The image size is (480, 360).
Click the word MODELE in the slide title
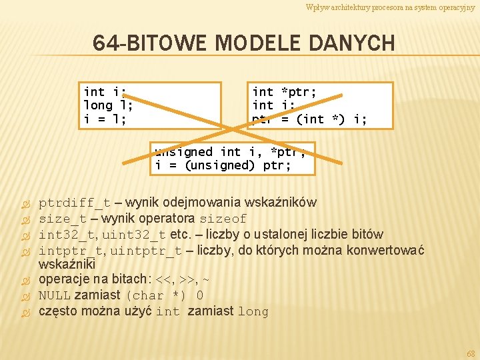point(258,44)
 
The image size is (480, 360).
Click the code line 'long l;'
point(108,105)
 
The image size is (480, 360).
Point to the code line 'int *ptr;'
point(284,91)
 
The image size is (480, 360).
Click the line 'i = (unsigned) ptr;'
point(223,165)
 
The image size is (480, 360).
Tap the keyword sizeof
point(223,219)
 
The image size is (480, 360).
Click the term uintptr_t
point(146,251)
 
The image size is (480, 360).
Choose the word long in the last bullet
point(253,311)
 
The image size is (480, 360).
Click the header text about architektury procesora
point(390,7)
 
